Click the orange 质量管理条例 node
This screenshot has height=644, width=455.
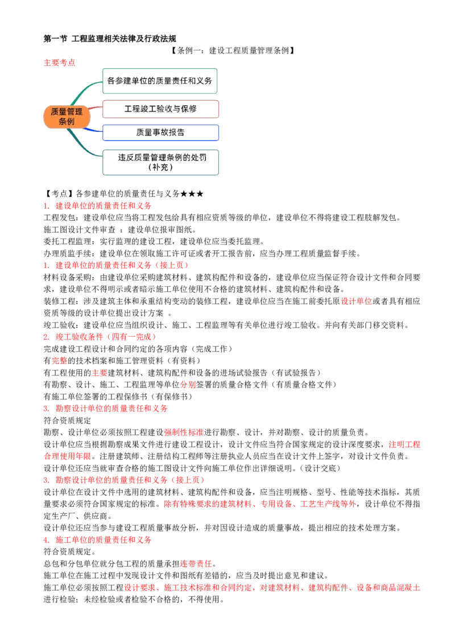point(67,117)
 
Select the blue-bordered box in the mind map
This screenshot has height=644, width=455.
point(160,133)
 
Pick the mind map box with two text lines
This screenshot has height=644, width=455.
point(162,162)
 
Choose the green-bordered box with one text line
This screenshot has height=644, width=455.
point(159,81)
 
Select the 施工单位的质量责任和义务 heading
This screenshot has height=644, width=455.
point(104,540)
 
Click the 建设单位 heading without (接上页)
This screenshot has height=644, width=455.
point(103,205)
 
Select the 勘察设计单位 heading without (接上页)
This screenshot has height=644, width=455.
point(111,408)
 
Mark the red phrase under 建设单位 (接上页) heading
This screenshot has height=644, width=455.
point(357,300)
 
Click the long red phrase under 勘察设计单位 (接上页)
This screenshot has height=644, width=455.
point(260,504)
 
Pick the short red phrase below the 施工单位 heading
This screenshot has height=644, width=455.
point(196,564)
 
